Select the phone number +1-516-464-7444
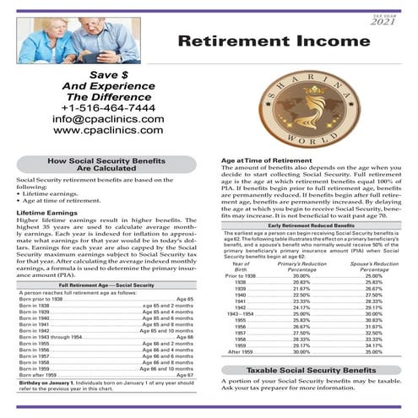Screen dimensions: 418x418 [107, 108]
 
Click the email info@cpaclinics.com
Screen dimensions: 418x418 [106, 119]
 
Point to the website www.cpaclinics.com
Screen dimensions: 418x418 [106, 131]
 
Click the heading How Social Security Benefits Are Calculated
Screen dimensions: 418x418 [107, 164]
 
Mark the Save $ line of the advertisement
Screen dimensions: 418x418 [106, 76]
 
